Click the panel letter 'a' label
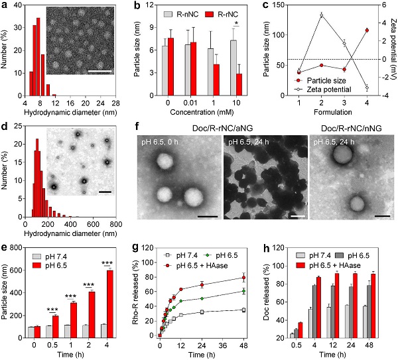point(6,5)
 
